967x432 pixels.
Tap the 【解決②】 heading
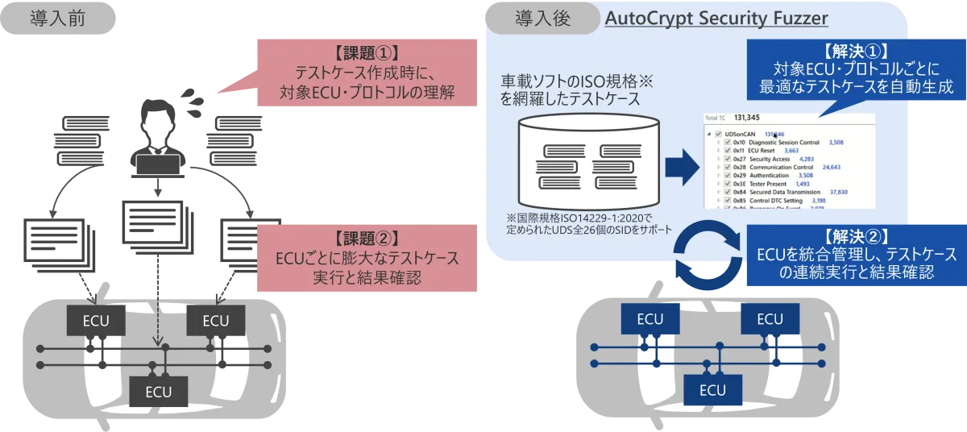pos(857,236)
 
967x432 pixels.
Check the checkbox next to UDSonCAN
pos(717,134)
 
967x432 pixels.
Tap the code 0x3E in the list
pos(738,184)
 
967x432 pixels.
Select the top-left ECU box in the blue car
pos(650,319)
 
